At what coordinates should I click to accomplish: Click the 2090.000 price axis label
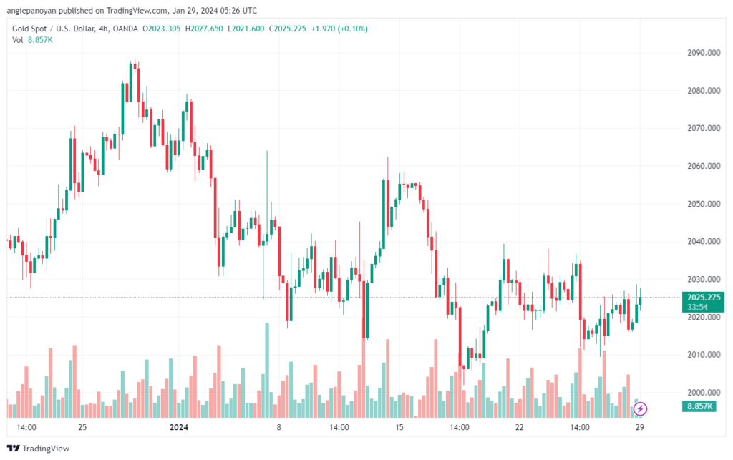click(704, 53)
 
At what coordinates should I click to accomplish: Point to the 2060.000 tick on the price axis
click(704, 166)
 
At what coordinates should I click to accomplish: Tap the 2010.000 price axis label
click(704, 355)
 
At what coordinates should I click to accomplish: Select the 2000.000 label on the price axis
click(704, 393)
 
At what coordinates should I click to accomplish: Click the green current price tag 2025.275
click(704, 298)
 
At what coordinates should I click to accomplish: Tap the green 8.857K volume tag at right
click(699, 406)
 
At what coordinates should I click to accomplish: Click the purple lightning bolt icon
click(640, 409)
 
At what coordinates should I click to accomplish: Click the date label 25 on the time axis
click(82, 427)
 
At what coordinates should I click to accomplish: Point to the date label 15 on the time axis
click(399, 427)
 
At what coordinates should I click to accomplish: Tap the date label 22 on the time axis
click(520, 427)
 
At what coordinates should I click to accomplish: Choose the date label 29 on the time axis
click(639, 427)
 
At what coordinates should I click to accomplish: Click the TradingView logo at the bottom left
click(39, 449)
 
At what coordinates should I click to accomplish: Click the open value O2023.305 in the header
click(161, 29)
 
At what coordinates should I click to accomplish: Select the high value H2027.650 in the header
click(204, 29)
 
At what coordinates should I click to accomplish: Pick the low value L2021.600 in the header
click(246, 29)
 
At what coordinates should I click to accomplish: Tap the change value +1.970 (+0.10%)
click(339, 29)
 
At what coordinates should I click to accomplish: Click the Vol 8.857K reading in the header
click(32, 40)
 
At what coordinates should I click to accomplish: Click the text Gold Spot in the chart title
click(29, 29)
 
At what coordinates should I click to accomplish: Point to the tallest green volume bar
click(267, 370)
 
